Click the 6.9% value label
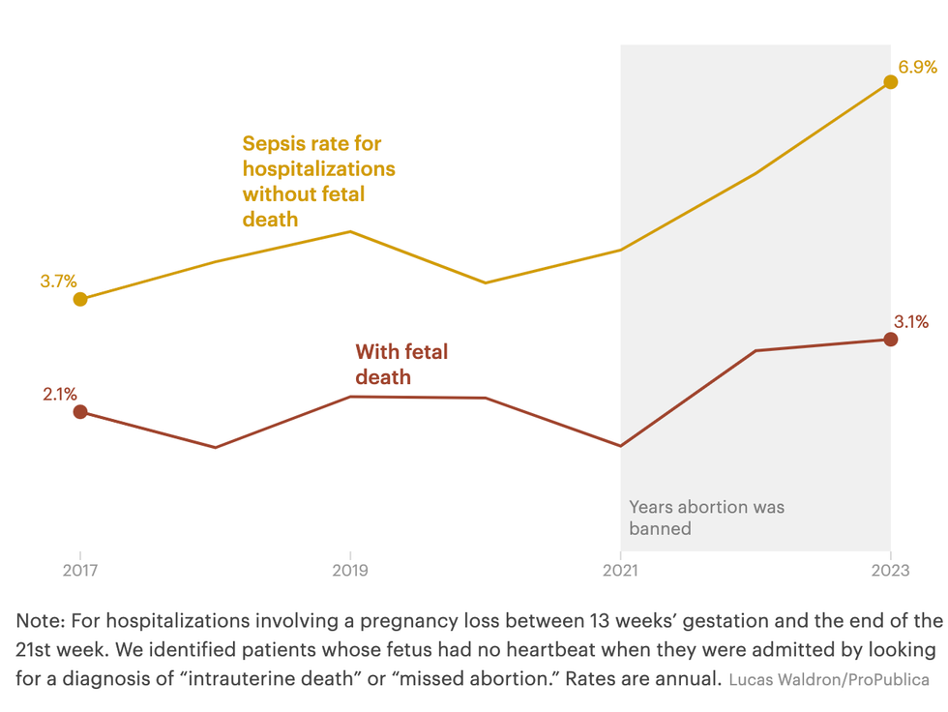click(917, 67)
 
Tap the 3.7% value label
click(58, 282)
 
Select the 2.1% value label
click(59, 394)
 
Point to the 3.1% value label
click(910, 322)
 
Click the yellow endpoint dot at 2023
click(891, 82)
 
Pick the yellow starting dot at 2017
click(80, 299)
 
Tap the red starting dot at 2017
click(80, 412)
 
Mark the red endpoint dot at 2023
click(891, 340)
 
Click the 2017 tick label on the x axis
click(80, 570)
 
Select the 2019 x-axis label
click(350, 570)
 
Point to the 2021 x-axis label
click(620, 570)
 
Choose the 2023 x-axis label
click(890, 570)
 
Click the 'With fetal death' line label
click(401, 365)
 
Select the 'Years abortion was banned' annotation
click(706, 518)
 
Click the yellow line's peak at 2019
click(350, 231)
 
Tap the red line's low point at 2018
click(215, 447)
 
